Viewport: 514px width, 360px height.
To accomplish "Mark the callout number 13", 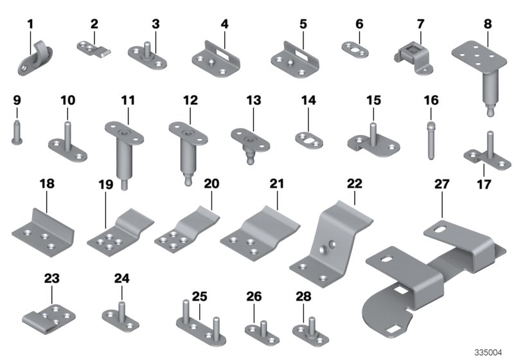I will click(x=254, y=101).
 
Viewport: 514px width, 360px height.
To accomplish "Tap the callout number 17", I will click(x=483, y=185).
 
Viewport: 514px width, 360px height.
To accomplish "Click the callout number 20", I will click(x=211, y=184).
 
